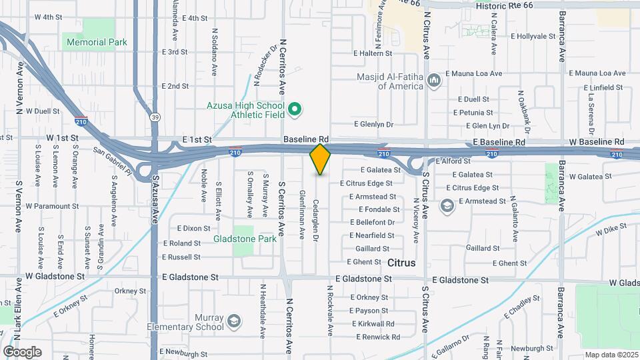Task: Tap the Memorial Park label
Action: point(95,42)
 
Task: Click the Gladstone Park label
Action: point(235,238)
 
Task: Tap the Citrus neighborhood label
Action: point(401,263)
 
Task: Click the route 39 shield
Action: point(155,117)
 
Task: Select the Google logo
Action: point(22,351)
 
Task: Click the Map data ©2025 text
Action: point(610,354)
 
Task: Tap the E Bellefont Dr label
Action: point(372,222)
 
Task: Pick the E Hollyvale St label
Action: point(537,36)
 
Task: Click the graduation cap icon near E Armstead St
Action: point(447,205)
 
